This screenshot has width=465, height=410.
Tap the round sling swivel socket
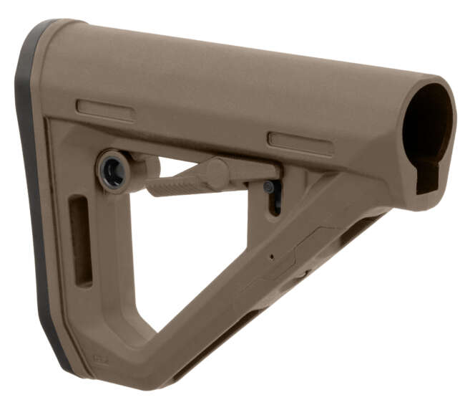112,170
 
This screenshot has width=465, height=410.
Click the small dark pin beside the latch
268,186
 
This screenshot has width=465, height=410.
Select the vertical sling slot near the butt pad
79,241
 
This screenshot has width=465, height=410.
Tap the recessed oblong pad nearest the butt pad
105,110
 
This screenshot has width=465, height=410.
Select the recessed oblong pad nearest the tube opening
300,143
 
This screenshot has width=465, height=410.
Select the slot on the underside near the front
358,229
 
